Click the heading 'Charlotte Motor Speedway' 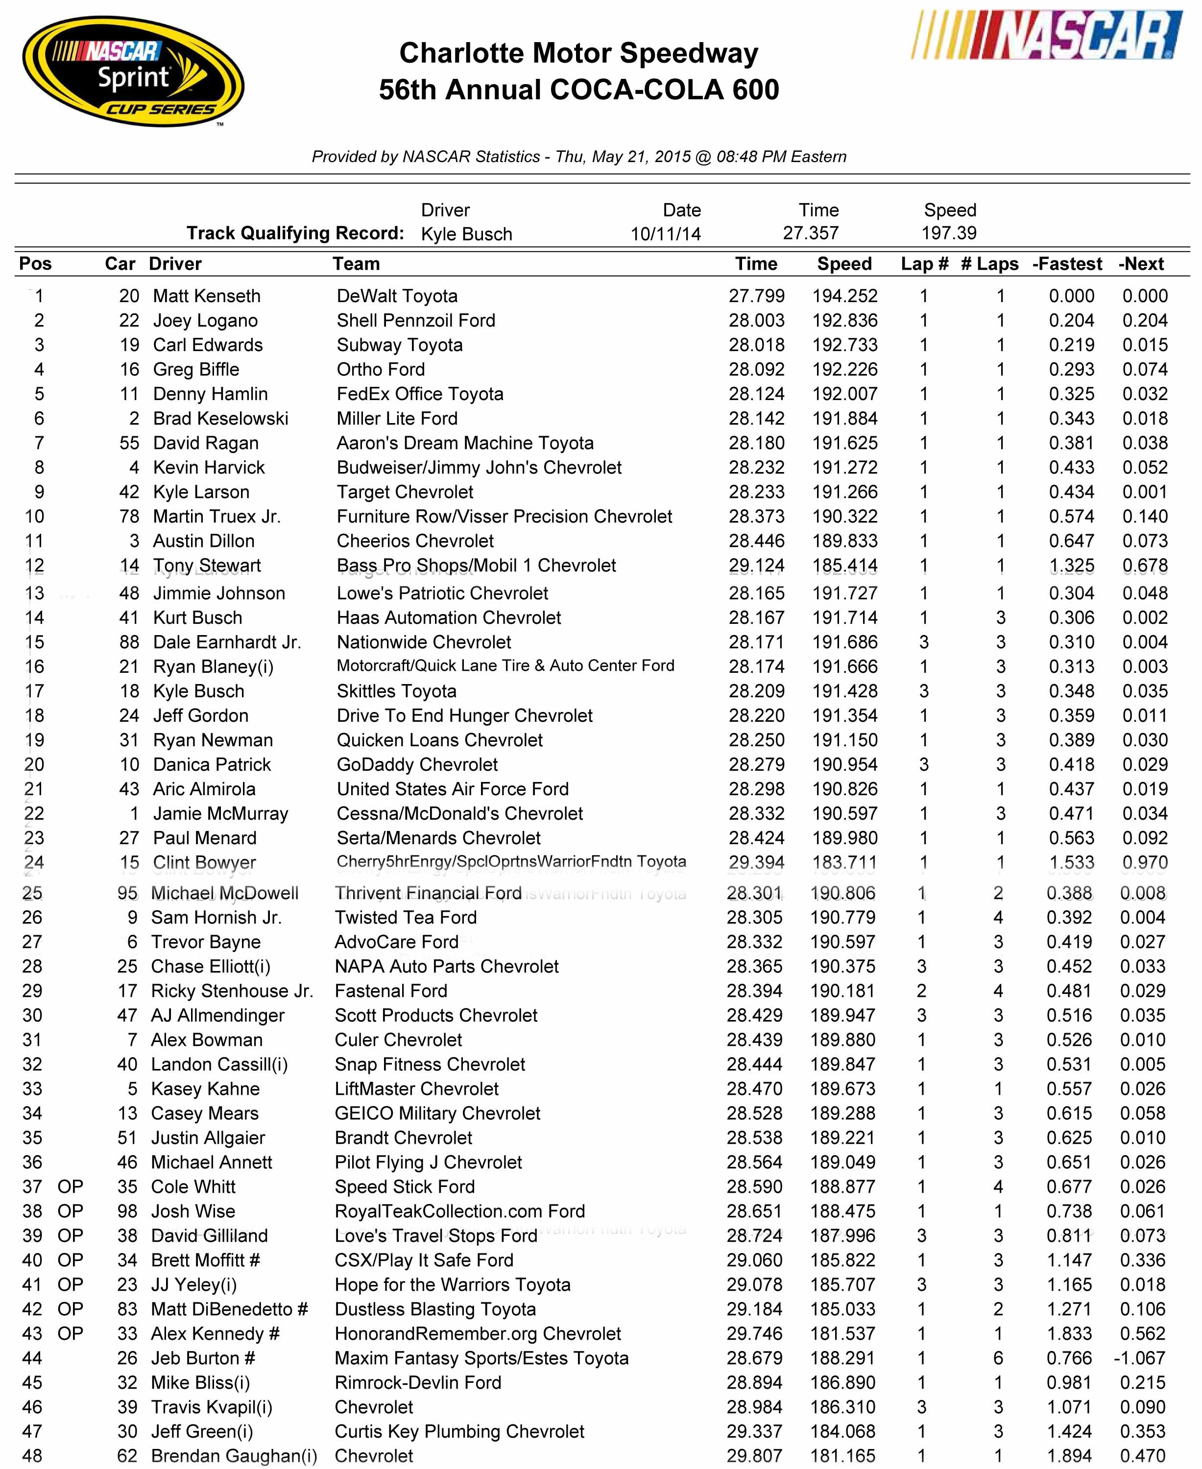[x=579, y=53]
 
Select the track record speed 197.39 [x=949, y=233]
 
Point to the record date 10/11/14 [x=665, y=234]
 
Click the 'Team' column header [x=356, y=264]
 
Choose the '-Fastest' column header [x=1066, y=264]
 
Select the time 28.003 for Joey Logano [x=756, y=321]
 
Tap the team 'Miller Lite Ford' [x=397, y=418]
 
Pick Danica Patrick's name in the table [x=212, y=764]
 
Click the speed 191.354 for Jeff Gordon [x=845, y=715]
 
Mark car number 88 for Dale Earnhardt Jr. [x=129, y=642]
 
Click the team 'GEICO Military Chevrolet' [x=437, y=1113]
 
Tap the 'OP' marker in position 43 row [x=70, y=1333]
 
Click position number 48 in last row [x=32, y=1456]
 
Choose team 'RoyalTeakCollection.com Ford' [x=460, y=1211]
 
